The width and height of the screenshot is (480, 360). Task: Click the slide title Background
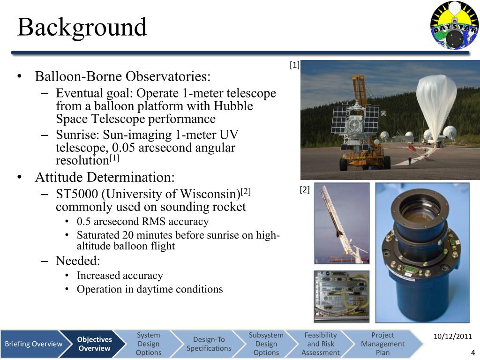(82, 27)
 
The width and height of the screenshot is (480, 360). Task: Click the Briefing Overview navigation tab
(33, 344)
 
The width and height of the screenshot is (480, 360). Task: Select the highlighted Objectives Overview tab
(94, 344)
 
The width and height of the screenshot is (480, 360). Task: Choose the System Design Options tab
(148, 344)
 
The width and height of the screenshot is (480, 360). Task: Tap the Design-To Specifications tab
(209, 344)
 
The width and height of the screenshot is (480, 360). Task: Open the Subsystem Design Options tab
(266, 344)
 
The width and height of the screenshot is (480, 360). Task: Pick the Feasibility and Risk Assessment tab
(321, 344)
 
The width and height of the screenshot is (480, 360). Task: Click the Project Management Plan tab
(382, 344)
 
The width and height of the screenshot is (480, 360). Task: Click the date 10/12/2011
(452, 337)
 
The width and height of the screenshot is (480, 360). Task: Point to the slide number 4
(473, 352)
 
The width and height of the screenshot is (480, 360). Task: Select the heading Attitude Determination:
(105, 178)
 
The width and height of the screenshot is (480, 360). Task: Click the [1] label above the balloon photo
(294, 65)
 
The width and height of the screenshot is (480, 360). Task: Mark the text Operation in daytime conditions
(150, 289)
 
